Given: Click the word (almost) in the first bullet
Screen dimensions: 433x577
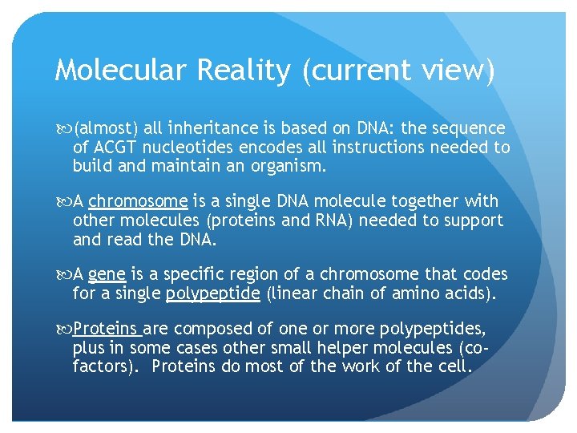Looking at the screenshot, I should click(x=107, y=128).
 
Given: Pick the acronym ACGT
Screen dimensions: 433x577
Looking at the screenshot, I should click(x=115, y=148).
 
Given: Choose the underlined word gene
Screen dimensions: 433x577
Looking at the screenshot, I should click(x=107, y=275).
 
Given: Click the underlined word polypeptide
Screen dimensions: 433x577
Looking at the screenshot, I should click(x=212, y=294).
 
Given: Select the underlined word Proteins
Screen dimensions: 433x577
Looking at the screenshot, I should click(x=106, y=330).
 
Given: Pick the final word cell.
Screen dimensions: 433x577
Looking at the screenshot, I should click(x=459, y=368).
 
